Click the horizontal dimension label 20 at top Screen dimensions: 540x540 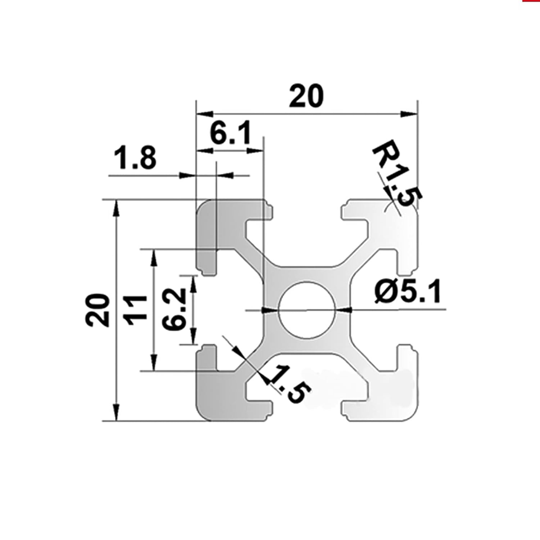pyautogui.click(x=307, y=96)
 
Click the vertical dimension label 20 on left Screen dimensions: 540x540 pyautogui.click(x=97, y=310)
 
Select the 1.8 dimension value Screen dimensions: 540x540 pyautogui.click(x=135, y=158)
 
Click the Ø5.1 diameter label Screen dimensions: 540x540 pyautogui.click(x=408, y=292)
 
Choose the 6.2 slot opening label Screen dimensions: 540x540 pyautogui.click(x=174, y=309)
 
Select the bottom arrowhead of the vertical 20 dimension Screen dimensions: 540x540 pyautogui.click(x=116, y=413)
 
